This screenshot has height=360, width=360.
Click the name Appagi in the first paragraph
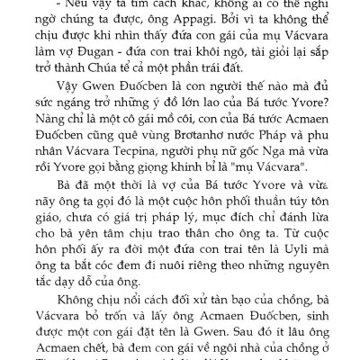pyautogui.click(x=201, y=26)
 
